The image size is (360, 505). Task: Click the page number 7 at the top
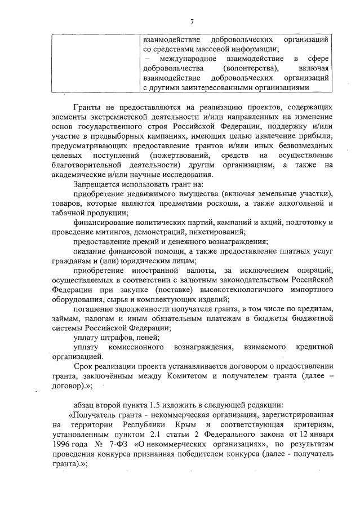(192, 22)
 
